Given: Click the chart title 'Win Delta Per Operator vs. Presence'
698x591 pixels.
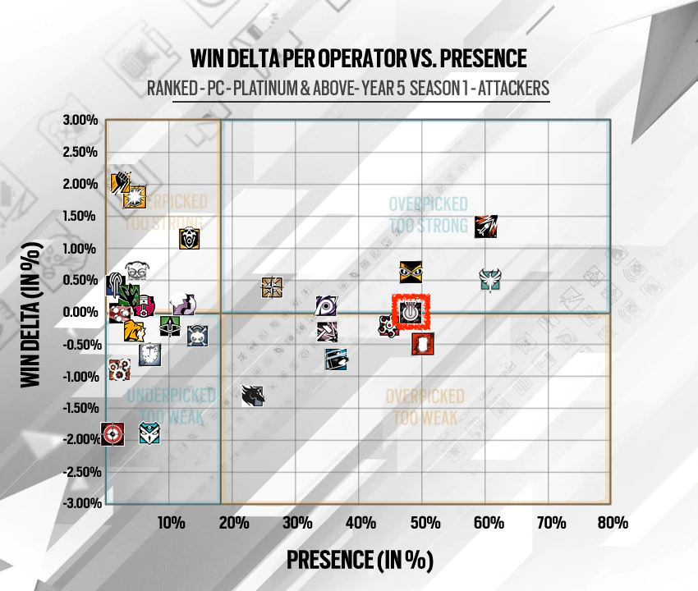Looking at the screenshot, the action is pyautogui.click(x=358, y=58).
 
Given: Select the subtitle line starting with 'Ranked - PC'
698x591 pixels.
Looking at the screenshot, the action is pyautogui.click(x=348, y=88).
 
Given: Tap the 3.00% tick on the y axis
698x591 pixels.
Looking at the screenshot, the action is pyautogui.click(x=80, y=120).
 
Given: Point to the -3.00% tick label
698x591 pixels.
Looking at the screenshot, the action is pyautogui.click(x=82, y=503).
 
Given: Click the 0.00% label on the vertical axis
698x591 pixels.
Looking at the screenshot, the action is pyautogui.click(x=80, y=312).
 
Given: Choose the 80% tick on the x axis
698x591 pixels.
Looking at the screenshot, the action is pyautogui.click(x=613, y=523).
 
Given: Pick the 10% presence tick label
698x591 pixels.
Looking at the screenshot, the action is pyautogui.click(x=171, y=523).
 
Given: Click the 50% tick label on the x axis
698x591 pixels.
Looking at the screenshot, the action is pyautogui.click(x=425, y=523).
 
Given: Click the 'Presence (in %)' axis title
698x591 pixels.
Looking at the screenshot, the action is pyautogui.click(x=360, y=560).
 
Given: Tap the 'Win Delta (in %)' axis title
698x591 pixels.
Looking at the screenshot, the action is pyautogui.click(x=31, y=314).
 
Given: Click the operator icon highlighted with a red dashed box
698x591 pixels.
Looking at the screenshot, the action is pyautogui.click(x=410, y=312).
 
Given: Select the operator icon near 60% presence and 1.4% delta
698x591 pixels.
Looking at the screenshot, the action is pyautogui.click(x=485, y=227).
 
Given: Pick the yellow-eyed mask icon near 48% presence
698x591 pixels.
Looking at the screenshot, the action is pyautogui.click(x=411, y=272).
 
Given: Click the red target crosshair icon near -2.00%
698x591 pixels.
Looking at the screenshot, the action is pyautogui.click(x=113, y=434).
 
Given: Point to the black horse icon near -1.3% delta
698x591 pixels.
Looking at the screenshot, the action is pyautogui.click(x=253, y=395).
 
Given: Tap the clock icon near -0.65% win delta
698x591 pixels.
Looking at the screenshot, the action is pyautogui.click(x=149, y=355).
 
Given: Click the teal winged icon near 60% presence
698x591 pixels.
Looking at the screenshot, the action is pyautogui.click(x=490, y=279).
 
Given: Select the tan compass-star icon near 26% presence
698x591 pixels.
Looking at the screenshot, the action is pyautogui.click(x=272, y=287).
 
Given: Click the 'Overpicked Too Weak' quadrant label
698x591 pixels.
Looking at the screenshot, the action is pyautogui.click(x=425, y=407).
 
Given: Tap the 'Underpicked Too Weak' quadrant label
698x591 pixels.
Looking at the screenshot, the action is pyautogui.click(x=172, y=406).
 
